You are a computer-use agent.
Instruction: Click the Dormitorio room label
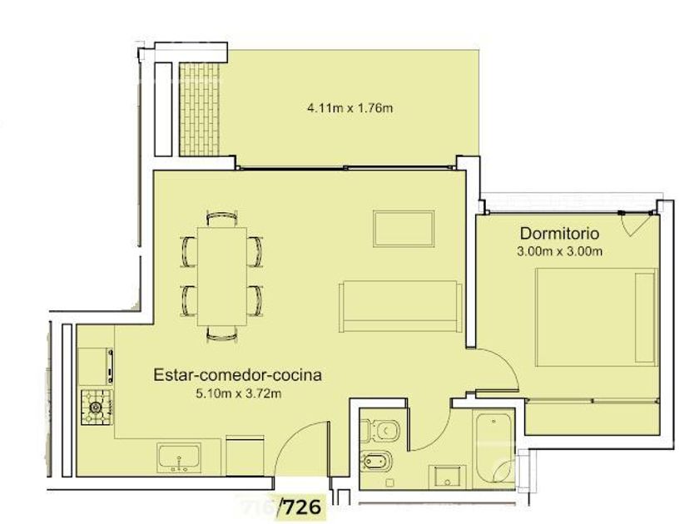pyautogui.click(x=559, y=234)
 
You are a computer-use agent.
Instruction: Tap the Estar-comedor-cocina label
pyautogui.click(x=237, y=375)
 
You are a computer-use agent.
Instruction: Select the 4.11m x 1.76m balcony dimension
pyautogui.click(x=350, y=108)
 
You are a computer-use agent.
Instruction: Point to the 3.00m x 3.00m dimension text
pyautogui.click(x=559, y=251)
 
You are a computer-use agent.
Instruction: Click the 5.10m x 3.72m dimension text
pyautogui.click(x=239, y=393)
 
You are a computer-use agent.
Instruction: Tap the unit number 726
pyautogui.click(x=303, y=507)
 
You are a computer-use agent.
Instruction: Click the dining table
pyautogui.click(x=222, y=276)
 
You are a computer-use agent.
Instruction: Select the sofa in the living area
pyautogui.click(x=400, y=306)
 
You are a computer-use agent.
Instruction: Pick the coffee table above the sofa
pyautogui.click(x=404, y=229)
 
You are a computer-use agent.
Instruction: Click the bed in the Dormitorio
pyautogui.click(x=597, y=317)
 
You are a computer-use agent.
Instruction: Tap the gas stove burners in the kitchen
pyautogui.click(x=97, y=407)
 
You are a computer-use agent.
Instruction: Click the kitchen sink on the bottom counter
pyautogui.click(x=179, y=458)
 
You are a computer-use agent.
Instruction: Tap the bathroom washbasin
pyautogui.click(x=447, y=477)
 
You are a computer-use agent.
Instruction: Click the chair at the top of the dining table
pyautogui.click(x=222, y=220)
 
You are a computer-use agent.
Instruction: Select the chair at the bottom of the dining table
pyautogui.click(x=222, y=334)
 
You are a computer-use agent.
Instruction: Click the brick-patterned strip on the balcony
pyautogui.click(x=199, y=109)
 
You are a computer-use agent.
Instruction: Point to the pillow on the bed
pyautogui.click(x=645, y=317)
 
